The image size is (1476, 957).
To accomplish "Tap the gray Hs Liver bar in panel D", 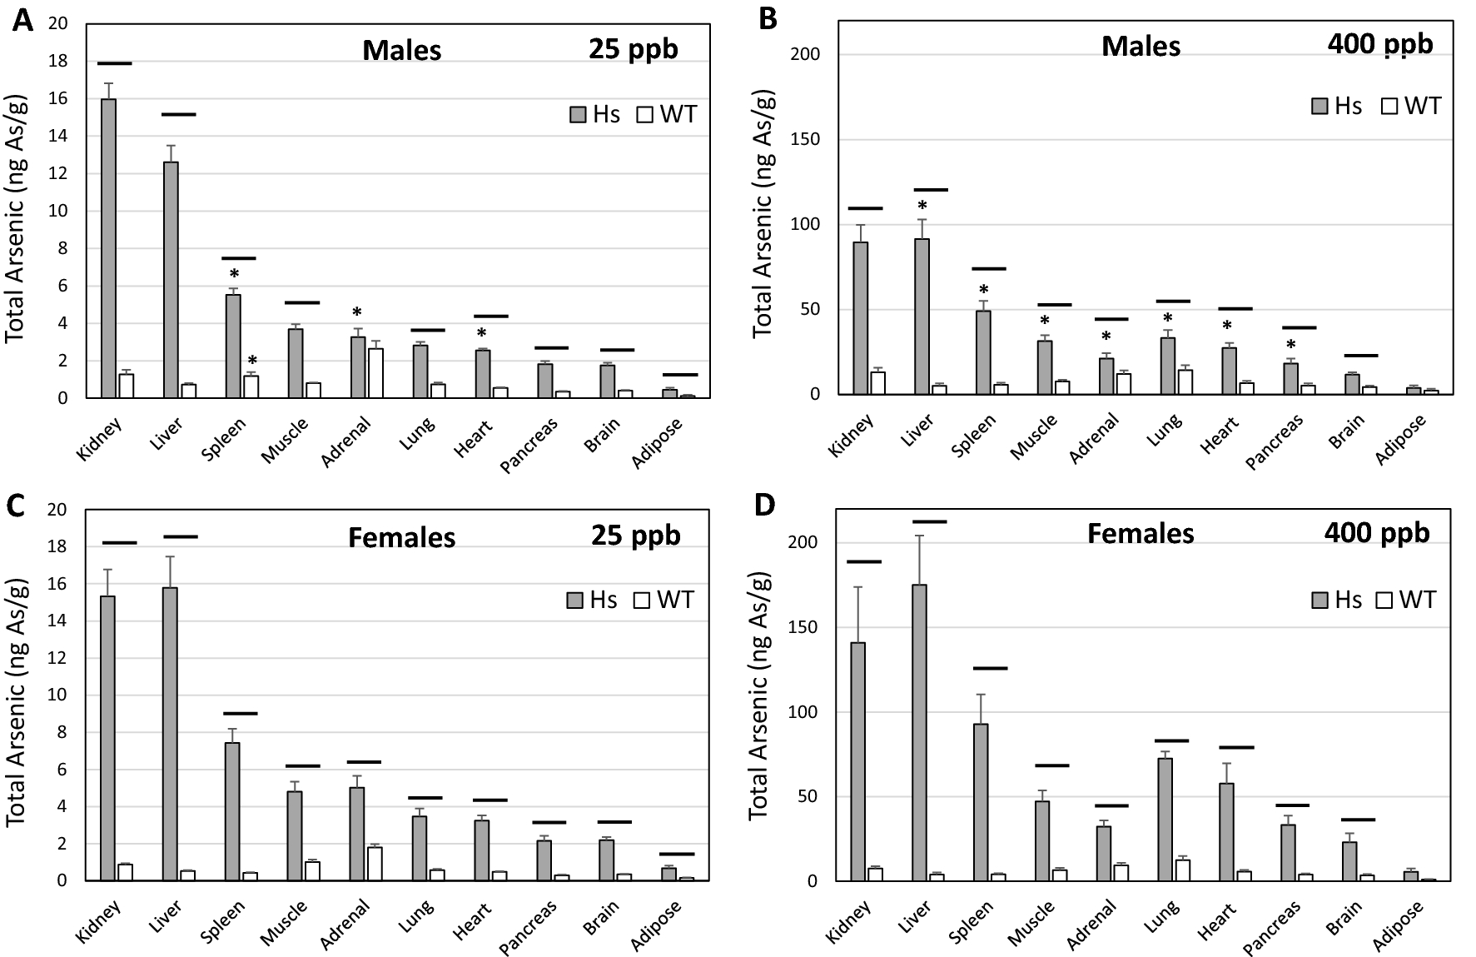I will [919, 732].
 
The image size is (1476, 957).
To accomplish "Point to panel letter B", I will [768, 19].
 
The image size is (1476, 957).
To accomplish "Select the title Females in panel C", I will [401, 537].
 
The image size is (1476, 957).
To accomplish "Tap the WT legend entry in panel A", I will [667, 114].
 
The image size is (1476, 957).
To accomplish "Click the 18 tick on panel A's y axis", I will [57, 62].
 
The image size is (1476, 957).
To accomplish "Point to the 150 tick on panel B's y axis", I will [804, 139].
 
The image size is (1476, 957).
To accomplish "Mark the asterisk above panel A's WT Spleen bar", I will [252, 361].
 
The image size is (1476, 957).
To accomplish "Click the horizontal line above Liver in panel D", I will [930, 521].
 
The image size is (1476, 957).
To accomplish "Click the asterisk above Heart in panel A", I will [481, 334].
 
